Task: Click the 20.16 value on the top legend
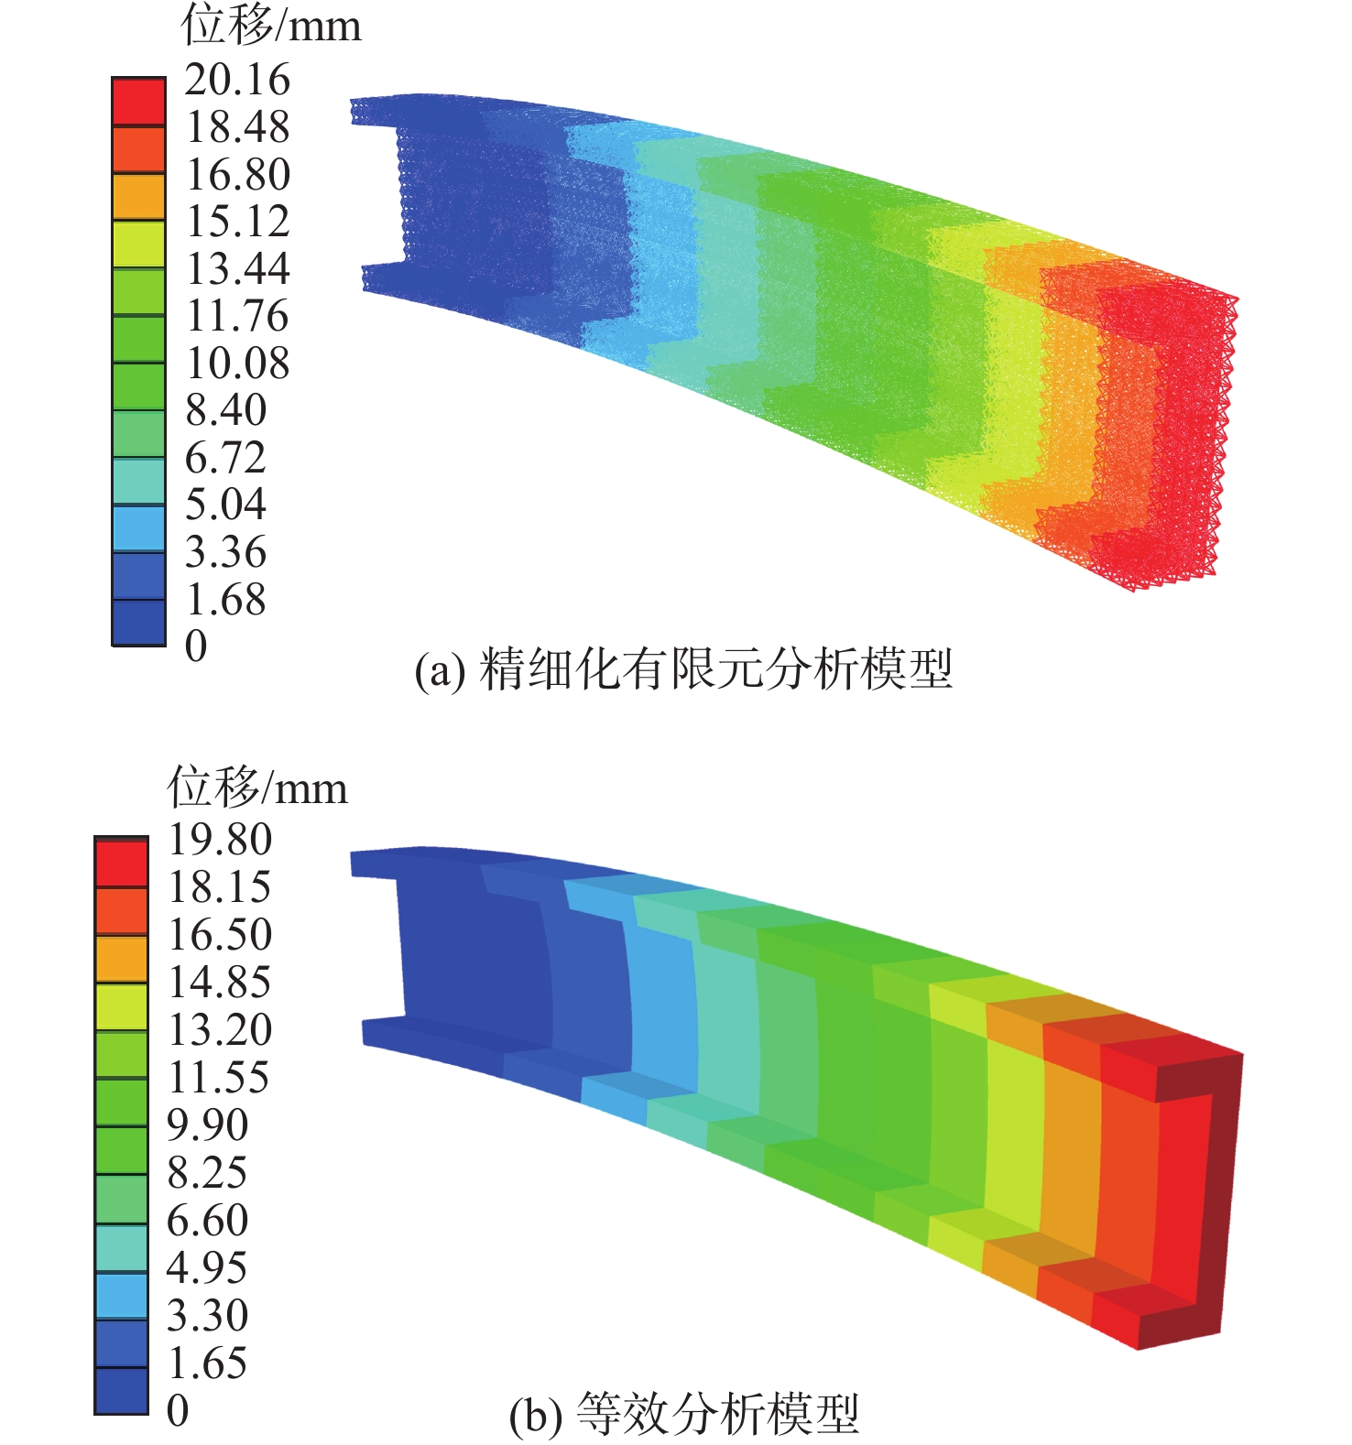pos(237,80)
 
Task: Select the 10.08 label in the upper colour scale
pos(238,363)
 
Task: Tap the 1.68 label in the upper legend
pos(226,599)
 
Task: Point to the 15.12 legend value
pos(238,221)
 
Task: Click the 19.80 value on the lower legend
pos(220,839)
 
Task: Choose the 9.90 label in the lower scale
pos(208,1124)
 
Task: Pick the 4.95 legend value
pos(207,1267)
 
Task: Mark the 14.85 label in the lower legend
pos(220,982)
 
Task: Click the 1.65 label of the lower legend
pos(207,1363)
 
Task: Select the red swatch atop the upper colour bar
pos(138,102)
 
